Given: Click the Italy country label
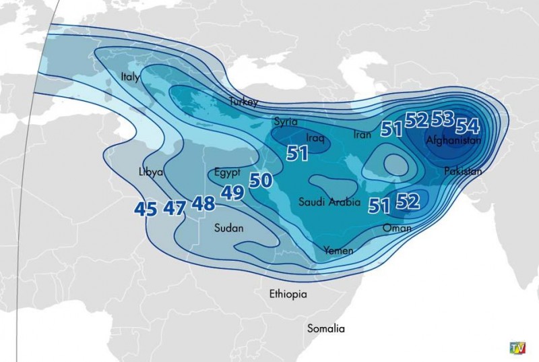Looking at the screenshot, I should point(130,78).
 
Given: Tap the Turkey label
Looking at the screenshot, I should point(243,102).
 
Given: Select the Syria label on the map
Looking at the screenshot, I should point(286,121).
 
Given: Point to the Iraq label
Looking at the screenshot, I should point(315,138).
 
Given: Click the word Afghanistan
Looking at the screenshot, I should point(453,140).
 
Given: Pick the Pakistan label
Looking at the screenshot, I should point(463,171).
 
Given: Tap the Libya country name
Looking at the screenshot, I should point(151,172).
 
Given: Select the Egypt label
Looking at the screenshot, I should point(228,171).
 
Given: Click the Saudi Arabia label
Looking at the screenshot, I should point(329,202).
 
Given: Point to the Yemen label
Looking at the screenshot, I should point(338,250).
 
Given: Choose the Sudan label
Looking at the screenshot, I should point(228,228).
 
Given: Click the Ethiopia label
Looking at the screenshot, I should point(288,294).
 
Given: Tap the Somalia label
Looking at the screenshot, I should point(326,328).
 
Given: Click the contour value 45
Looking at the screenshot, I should point(146,208).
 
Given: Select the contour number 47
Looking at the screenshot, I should point(175,208).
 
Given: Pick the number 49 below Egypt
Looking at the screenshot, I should point(232,193).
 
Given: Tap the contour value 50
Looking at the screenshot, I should point(261,180).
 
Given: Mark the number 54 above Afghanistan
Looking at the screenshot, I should point(468,125).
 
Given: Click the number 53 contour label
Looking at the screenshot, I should point(443,119).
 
